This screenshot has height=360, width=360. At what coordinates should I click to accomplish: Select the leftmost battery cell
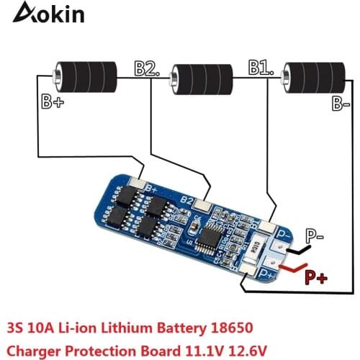click(86, 74)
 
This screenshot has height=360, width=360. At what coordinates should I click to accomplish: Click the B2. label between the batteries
click(146, 68)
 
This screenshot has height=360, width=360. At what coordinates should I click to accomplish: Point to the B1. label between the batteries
click(261, 68)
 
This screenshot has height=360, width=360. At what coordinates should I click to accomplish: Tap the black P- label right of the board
click(315, 235)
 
